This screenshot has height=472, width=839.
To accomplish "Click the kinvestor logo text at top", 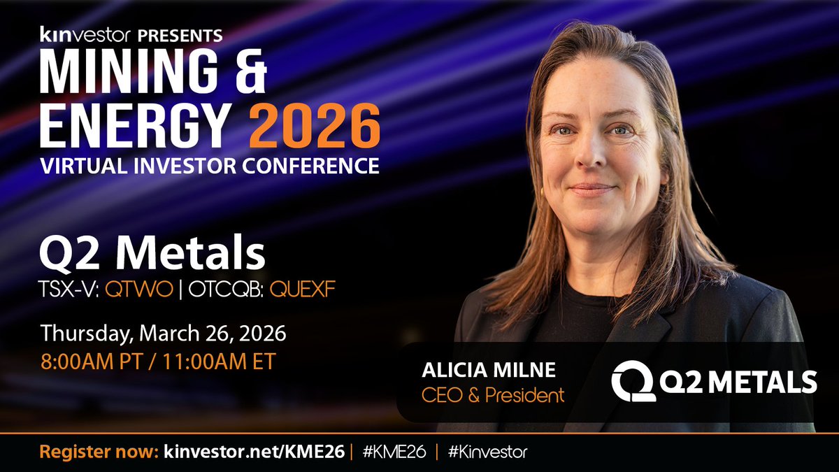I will (x=73, y=33).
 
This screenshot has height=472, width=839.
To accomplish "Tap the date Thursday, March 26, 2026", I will (x=162, y=333).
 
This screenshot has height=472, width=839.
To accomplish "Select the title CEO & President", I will (x=492, y=395).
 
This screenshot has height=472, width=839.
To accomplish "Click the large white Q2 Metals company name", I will (x=152, y=255).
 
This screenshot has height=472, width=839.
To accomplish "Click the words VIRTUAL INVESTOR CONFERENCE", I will (x=210, y=166).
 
